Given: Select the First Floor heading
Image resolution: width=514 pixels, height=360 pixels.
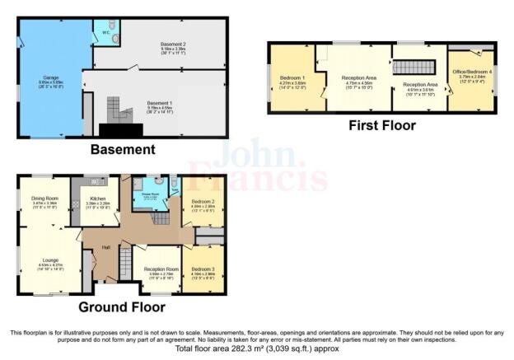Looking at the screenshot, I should (381, 126).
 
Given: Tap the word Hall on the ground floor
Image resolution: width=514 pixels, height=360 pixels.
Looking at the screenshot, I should (106, 246).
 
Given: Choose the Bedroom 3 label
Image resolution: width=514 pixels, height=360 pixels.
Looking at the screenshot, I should (203, 269).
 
